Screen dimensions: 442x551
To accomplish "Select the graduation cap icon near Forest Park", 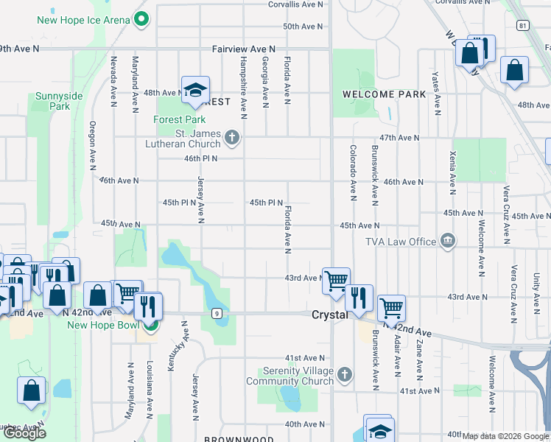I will pyautogui.click(x=195, y=90).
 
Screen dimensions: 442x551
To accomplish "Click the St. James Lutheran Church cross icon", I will pyautogui.click(x=232, y=137).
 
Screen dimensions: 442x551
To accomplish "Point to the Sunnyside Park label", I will pyautogui.click(x=52, y=102).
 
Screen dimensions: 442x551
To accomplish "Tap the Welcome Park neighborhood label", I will pyautogui.click(x=384, y=94).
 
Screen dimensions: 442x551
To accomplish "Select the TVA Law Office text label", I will pyautogui.click(x=401, y=242).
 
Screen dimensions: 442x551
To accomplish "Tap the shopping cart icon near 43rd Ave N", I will pyautogui.click(x=336, y=280).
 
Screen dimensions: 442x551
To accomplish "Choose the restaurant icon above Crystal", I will pyautogui.click(x=359, y=297).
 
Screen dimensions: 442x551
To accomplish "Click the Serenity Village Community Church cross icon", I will pyautogui.click(x=343, y=376).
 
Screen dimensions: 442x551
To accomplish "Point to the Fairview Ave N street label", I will pyautogui.click(x=243, y=49).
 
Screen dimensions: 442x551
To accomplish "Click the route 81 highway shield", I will pyautogui.click(x=522, y=26).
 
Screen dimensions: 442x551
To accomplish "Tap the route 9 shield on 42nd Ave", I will pyautogui.click(x=217, y=313).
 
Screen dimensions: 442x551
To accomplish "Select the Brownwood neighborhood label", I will pyautogui.click(x=229, y=439).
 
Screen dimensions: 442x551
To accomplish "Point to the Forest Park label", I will pyautogui.click(x=179, y=120).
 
